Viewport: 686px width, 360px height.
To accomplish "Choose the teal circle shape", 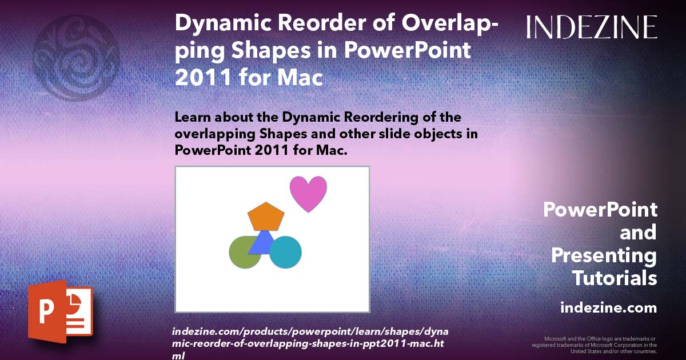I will click(x=286, y=252).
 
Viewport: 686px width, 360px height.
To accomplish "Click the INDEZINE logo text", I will click(x=592, y=27).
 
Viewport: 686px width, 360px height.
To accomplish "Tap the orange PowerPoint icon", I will click(x=59, y=312).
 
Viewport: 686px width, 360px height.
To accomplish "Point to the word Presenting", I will click(x=604, y=255).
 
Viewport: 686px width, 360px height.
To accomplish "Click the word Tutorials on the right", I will click(x=615, y=278).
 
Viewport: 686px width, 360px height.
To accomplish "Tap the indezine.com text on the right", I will click(x=608, y=308).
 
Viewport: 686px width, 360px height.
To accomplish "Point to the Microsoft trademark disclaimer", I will click(x=594, y=345).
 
